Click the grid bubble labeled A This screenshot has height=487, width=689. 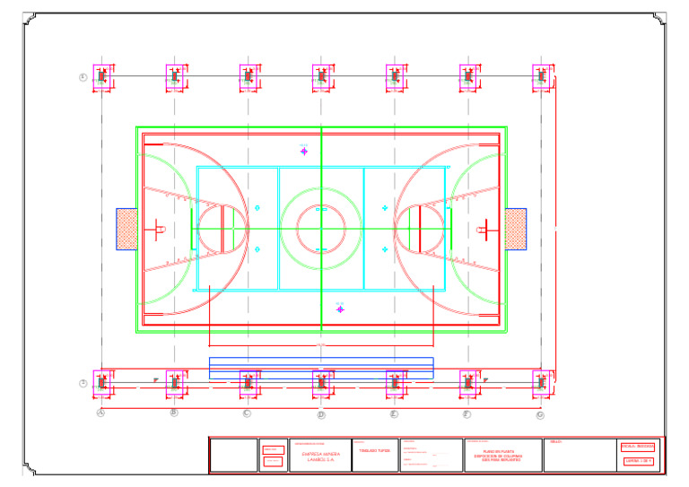click(x=101, y=413)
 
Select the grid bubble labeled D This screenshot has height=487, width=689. click(x=321, y=414)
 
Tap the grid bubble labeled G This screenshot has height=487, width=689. click(x=540, y=414)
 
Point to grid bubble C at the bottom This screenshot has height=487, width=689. click(x=247, y=413)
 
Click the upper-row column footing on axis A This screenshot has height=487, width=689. click(x=103, y=77)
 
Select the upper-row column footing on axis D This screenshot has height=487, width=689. click(x=323, y=77)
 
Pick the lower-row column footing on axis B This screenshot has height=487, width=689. click(x=177, y=383)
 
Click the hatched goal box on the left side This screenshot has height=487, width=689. click(x=126, y=229)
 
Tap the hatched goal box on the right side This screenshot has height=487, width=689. click(x=515, y=229)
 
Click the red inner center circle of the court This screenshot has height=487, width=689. click(x=321, y=229)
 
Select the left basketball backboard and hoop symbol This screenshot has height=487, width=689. click(x=158, y=229)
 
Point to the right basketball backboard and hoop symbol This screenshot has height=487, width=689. click(x=484, y=229)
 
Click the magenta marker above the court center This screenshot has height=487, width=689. click(x=304, y=151)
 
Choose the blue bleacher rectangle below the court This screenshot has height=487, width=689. click(x=321, y=368)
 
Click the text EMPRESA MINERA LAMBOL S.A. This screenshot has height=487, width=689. click(x=320, y=457)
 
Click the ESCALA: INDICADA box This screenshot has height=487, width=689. click(x=638, y=447)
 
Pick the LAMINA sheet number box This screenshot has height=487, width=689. click(x=638, y=462)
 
